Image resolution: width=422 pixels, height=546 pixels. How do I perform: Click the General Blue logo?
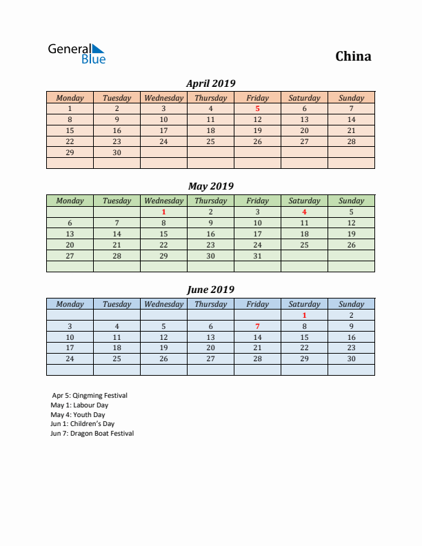[77, 53]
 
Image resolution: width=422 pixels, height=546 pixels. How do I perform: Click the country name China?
[353, 57]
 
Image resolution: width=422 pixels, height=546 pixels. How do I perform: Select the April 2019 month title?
[211, 83]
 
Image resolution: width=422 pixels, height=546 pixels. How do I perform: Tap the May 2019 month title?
[211, 186]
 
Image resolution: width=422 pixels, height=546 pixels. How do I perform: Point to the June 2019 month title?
[211, 290]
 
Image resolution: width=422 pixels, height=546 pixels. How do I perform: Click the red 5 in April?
[257, 108]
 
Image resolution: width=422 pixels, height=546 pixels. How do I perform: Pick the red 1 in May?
[163, 212]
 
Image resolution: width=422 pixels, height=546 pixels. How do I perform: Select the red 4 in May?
[304, 212]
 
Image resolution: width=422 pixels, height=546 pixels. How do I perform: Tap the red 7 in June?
[257, 326]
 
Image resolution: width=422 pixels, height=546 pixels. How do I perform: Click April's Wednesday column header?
[163, 98]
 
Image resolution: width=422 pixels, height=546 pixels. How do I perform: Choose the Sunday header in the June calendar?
[351, 304]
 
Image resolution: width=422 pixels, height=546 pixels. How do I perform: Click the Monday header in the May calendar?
[70, 201]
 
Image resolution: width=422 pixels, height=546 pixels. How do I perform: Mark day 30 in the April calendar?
[117, 152]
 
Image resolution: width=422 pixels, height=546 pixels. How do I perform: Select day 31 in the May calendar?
[257, 256]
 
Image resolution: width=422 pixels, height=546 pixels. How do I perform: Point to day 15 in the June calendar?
[304, 337]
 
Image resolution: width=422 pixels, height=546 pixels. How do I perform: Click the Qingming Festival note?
[90, 396]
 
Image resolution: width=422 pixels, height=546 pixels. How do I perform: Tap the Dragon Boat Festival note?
[92, 434]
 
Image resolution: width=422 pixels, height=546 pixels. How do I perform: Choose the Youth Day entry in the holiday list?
[78, 415]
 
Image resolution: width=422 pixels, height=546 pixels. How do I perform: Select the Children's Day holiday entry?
[83, 424]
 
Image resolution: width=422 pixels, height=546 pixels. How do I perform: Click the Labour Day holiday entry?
[79, 405]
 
